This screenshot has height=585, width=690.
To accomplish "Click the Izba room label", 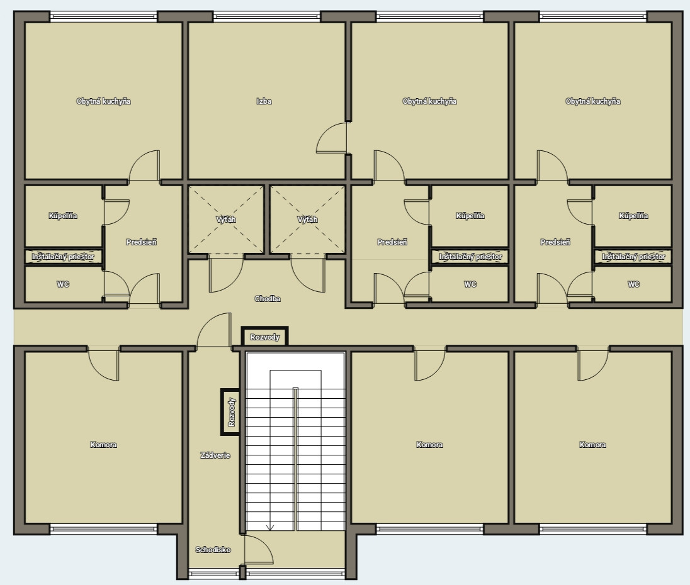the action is pyautogui.click(x=264, y=101).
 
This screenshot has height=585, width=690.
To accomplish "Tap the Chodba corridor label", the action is pyautogui.click(x=268, y=299).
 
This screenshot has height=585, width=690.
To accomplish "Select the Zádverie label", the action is pyautogui.click(x=215, y=455).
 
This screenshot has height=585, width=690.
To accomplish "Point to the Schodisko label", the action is pyautogui.click(x=213, y=549).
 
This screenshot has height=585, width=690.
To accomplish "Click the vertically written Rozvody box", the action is pyautogui.click(x=230, y=412).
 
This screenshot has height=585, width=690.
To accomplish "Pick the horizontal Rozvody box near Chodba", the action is pyautogui.click(x=265, y=337).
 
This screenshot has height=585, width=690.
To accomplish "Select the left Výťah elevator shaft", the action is pyautogui.click(x=226, y=220).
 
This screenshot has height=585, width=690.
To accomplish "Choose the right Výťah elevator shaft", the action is pyautogui.click(x=308, y=220).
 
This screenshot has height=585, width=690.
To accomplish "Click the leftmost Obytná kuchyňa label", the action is pyautogui.click(x=103, y=101).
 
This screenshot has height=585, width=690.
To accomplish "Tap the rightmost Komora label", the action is pyautogui.click(x=593, y=445).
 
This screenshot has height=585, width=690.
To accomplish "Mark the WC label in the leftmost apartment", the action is pyautogui.click(x=63, y=284).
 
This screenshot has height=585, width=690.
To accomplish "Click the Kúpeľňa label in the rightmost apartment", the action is pyautogui.click(x=633, y=216).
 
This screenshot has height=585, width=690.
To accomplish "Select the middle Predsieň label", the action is pyautogui.click(x=392, y=242).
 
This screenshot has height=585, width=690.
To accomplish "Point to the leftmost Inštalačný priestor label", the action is pyautogui.click(x=63, y=257).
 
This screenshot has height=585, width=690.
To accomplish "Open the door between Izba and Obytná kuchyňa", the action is pyautogui.click(x=332, y=138).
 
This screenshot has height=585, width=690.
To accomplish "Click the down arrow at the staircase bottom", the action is pyautogui.click(x=269, y=527).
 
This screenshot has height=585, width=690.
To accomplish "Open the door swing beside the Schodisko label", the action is pyautogui.click(x=259, y=550).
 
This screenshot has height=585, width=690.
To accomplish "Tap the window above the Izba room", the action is pyautogui.click(x=267, y=17).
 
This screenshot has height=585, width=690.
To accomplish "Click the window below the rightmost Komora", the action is pyautogui.click(x=593, y=529).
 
